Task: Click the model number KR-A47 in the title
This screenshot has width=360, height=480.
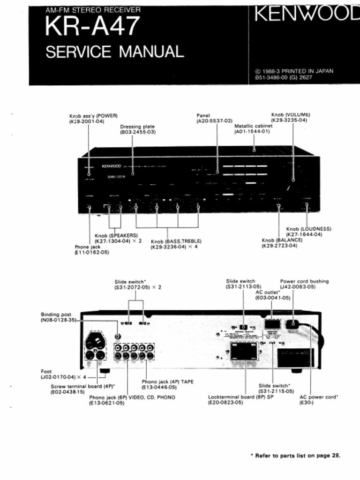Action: (92, 27)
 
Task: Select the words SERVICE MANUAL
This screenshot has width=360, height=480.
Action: (114, 51)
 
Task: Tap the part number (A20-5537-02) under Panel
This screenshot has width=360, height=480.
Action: (215, 121)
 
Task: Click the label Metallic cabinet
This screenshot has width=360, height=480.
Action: (253, 126)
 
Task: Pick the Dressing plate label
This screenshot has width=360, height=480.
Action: (137, 127)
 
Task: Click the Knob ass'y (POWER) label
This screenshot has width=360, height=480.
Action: (93, 116)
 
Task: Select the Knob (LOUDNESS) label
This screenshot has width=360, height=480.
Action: (308, 229)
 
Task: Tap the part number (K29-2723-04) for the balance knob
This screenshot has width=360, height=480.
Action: (279, 246)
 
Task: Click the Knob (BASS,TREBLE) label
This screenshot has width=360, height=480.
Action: (176, 241)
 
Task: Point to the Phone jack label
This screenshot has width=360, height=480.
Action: (88, 247)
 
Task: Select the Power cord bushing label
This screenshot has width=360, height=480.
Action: (304, 281)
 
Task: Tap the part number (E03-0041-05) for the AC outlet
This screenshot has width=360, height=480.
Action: (273, 298)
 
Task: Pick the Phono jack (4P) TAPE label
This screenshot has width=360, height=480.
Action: (167, 382)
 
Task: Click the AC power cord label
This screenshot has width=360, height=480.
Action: (319, 397)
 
